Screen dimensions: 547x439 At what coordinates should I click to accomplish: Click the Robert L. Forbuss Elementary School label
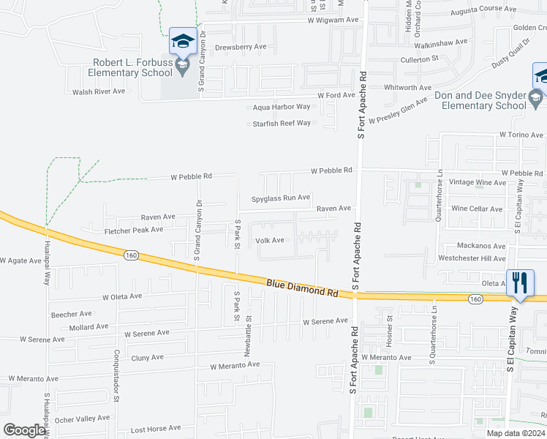(x=132, y=67)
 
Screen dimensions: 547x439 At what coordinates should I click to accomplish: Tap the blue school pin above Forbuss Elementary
(x=182, y=42)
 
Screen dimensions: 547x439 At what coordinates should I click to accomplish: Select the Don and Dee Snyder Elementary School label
(x=480, y=101)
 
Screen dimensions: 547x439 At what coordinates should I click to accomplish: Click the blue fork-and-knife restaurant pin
(x=520, y=283)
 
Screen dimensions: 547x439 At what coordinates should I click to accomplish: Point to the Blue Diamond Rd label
(x=301, y=287)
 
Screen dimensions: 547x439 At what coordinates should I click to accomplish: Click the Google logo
(x=24, y=430)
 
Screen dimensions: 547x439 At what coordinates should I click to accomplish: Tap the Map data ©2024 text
(x=515, y=433)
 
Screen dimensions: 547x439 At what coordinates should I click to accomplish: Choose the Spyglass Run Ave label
(x=281, y=198)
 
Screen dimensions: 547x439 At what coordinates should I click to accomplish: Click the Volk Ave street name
(x=269, y=240)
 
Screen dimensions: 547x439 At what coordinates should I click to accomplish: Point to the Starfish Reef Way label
(x=282, y=123)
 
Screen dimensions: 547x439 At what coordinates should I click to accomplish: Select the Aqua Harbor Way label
(x=282, y=107)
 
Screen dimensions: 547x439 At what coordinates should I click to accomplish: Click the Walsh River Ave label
(x=99, y=91)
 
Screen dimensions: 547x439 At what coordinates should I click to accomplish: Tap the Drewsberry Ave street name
(x=241, y=46)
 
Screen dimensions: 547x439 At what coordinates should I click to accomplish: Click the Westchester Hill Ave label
(x=472, y=258)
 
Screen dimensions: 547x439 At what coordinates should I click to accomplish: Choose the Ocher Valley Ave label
(x=83, y=418)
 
